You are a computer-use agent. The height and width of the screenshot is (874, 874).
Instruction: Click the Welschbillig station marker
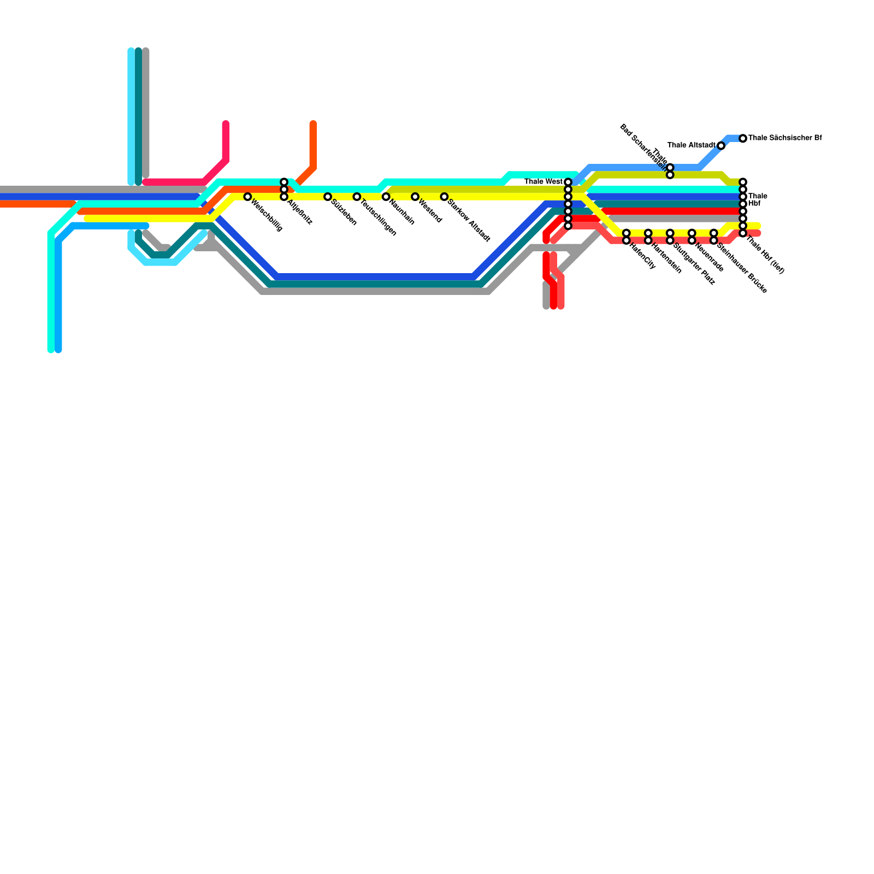click(247, 197)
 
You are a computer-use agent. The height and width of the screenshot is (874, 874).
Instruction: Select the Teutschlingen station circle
click(357, 197)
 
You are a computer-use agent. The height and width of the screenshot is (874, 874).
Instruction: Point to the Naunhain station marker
click(386, 197)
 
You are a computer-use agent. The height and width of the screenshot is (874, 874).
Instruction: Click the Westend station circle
click(415, 197)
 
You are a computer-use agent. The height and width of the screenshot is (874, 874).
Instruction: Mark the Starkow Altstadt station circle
click(444, 197)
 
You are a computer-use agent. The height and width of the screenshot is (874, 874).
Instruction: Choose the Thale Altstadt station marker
click(721, 146)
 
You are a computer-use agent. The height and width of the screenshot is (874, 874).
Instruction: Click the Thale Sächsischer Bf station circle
click(743, 139)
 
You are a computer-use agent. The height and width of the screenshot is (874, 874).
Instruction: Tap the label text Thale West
click(543, 182)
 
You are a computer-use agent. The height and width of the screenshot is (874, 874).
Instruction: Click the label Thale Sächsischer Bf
click(785, 138)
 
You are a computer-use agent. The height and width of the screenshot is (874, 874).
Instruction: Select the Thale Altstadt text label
click(691, 145)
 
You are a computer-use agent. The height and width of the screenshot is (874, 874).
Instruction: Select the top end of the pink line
click(226, 123)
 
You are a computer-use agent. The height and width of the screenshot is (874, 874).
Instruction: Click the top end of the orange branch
click(313, 123)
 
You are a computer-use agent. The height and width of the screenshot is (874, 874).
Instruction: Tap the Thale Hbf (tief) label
click(766, 255)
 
